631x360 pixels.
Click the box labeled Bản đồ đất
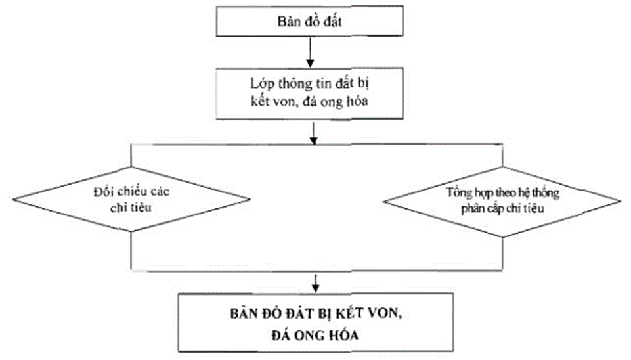(308, 22)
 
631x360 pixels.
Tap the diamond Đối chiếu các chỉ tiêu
(132, 198)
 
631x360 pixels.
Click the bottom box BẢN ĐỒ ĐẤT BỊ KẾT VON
(317, 325)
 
